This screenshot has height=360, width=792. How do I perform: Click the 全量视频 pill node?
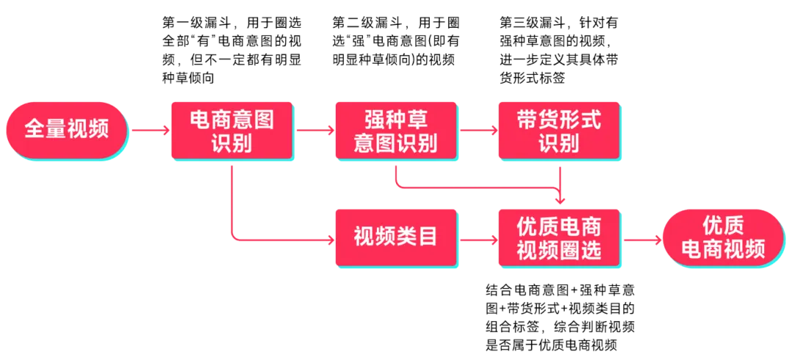tap(67, 131)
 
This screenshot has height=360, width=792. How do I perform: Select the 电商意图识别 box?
tap(232, 131)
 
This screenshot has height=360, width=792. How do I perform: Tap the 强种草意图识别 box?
tap(396, 131)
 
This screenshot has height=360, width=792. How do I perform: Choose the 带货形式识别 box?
tap(559, 131)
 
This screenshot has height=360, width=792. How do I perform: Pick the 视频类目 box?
tap(396, 238)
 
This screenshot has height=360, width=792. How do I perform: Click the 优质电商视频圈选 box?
tap(559, 238)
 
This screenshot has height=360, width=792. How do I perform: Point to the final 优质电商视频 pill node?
tap(723, 238)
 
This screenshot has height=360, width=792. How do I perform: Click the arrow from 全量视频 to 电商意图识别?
tap(150, 131)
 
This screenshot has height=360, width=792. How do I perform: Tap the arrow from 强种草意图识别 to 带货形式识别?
tap(478, 131)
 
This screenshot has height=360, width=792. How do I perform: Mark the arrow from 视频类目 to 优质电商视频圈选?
tap(478, 238)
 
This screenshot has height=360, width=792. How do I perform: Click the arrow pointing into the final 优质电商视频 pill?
tap(641, 238)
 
